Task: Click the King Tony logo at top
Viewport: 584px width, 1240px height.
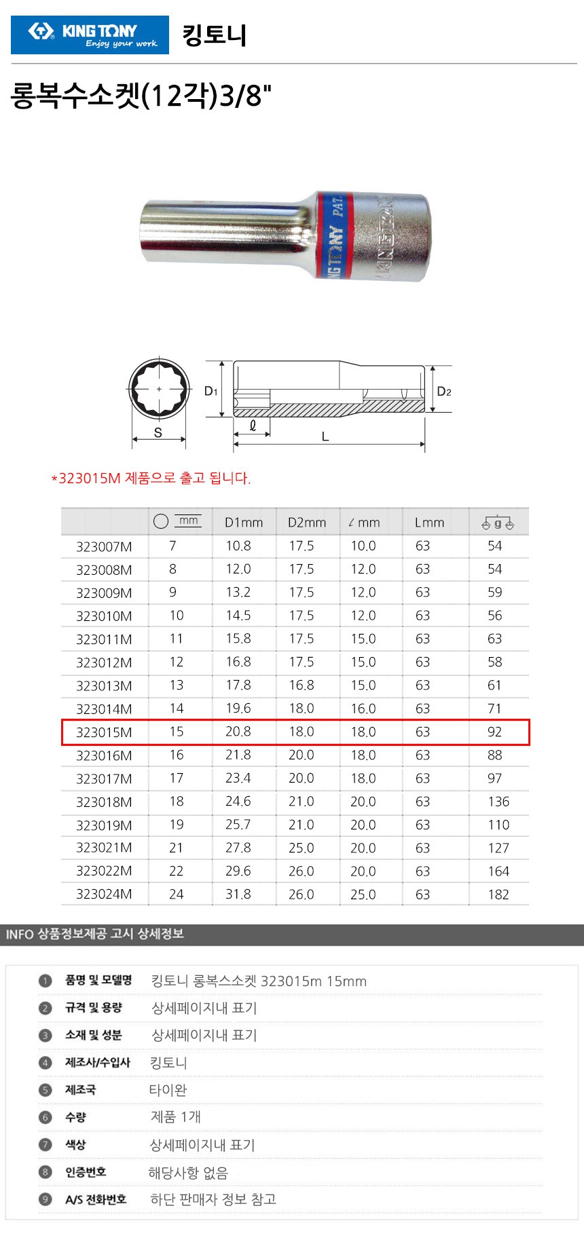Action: [x=90, y=35]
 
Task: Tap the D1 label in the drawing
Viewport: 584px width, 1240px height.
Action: [x=211, y=391]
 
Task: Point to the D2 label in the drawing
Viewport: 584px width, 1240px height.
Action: [x=444, y=391]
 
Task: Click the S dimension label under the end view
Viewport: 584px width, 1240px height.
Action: [x=158, y=432]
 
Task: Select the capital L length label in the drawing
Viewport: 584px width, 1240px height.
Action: [x=325, y=437]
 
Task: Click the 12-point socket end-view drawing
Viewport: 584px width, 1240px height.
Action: [x=159, y=389]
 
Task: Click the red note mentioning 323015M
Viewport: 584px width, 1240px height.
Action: [x=151, y=478]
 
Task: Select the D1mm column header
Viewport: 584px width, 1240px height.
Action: [x=244, y=523]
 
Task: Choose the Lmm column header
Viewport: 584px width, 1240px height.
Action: [x=429, y=523]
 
